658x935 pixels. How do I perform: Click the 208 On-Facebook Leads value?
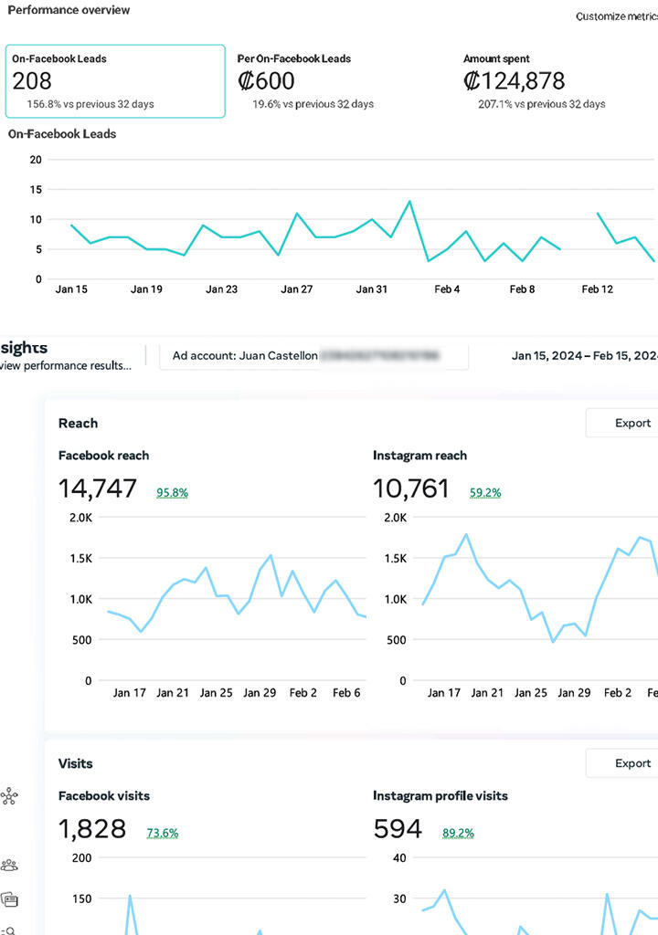[x=32, y=81]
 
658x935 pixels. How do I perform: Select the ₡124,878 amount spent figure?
[x=515, y=81]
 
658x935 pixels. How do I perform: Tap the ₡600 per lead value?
[x=267, y=81]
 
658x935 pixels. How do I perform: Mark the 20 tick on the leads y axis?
[x=36, y=159]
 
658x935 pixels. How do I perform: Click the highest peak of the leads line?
[x=409, y=201]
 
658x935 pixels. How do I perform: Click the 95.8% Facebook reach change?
[x=172, y=492]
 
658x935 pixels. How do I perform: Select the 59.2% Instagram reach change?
[x=485, y=492]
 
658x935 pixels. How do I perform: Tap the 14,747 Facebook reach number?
[x=98, y=489]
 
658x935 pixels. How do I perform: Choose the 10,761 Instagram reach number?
[x=411, y=489]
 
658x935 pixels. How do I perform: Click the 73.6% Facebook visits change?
[x=163, y=833]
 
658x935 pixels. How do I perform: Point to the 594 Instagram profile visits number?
[x=398, y=829]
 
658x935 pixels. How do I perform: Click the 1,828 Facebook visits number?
[x=92, y=829]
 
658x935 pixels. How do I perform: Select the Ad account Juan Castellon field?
[x=313, y=355]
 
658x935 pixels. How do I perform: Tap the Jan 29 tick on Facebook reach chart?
[x=259, y=693]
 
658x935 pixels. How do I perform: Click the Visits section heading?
[x=75, y=763]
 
